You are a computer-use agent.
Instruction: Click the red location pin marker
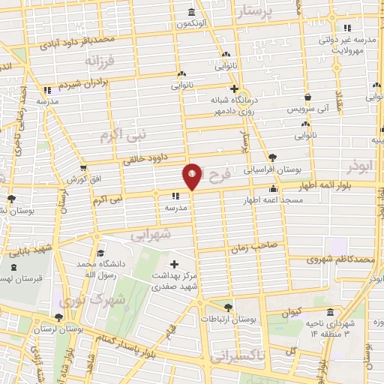pos(192,175)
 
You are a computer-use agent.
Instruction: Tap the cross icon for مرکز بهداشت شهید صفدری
pos(175,264)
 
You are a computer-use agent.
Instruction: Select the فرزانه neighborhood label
pos(98,59)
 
